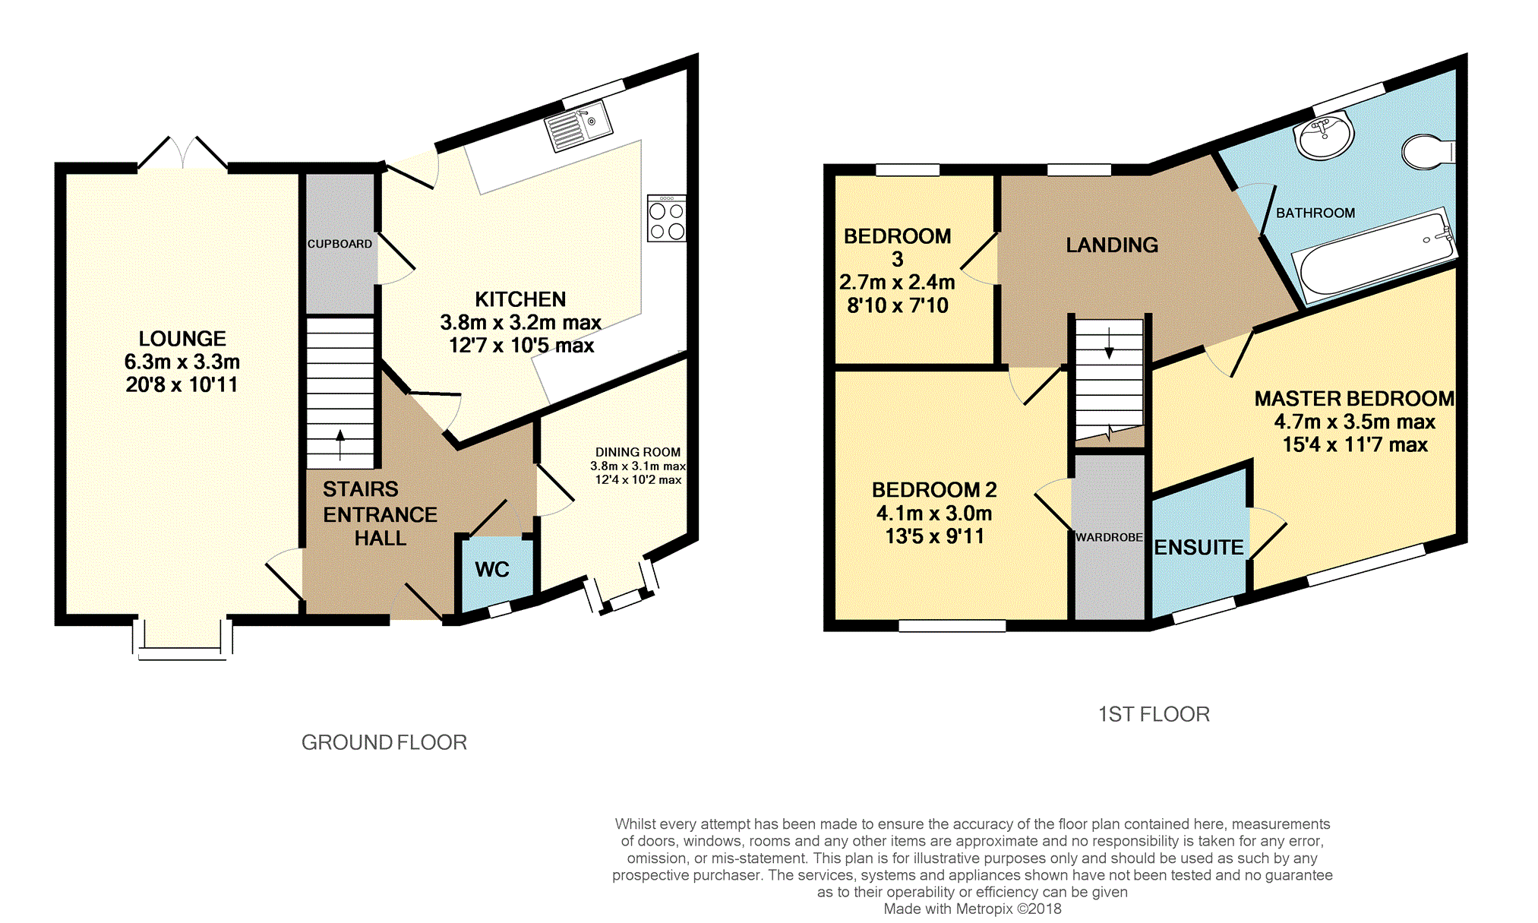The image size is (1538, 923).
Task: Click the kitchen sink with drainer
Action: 580,126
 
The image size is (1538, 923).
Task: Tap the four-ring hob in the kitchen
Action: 667,219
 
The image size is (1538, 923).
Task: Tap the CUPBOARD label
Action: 339,244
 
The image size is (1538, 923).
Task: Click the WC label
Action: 492,570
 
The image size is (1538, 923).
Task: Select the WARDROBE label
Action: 1109,537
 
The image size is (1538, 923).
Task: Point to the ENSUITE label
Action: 1199,547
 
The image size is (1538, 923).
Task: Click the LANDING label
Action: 1112,245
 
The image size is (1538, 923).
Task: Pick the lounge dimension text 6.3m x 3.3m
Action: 182,362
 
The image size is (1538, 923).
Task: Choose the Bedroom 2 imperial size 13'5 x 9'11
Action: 935,536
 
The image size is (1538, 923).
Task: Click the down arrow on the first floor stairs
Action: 1109,343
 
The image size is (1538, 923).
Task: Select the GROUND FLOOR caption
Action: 384,742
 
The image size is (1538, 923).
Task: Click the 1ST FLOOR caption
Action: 1154,714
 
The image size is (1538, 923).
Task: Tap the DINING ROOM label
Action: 638,452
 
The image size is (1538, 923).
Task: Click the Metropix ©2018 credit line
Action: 972,909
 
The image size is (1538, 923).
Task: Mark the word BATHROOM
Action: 1315,213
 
